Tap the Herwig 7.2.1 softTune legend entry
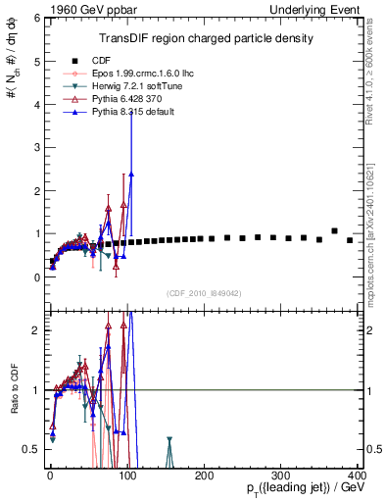125,86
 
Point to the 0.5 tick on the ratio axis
29,449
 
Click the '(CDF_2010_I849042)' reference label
205,293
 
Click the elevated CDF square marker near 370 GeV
335,231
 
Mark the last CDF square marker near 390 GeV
350,239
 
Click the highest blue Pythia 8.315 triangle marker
131,174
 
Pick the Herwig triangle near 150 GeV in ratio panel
169,440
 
